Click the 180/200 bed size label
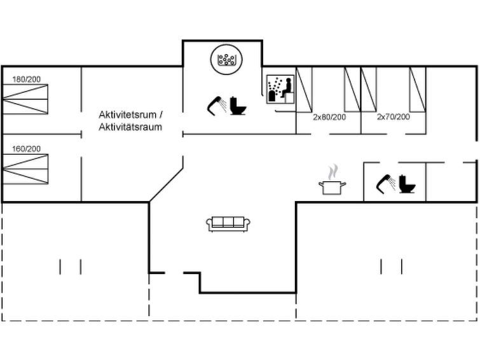click(x=27, y=80)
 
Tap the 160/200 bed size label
click(x=27, y=149)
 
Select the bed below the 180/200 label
click(x=25, y=100)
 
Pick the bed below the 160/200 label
click(x=25, y=169)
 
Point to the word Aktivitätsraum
click(x=130, y=127)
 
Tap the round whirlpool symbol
click(x=226, y=60)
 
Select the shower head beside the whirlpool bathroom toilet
click(x=216, y=105)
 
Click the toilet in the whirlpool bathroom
click(x=238, y=106)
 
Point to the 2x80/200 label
click(x=329, y=117)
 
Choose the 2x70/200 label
click(x=393, y=117)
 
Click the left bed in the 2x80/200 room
click(x=305, y=88)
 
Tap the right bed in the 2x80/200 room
click(x=352, y=88)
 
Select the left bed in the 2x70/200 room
click(x=369, y=88)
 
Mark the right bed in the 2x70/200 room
click(x=416, y=88)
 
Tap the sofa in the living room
click(x=228, y=223)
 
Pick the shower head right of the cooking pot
click(x=385, y=183)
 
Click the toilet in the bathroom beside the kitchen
click(x=407, y=184)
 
